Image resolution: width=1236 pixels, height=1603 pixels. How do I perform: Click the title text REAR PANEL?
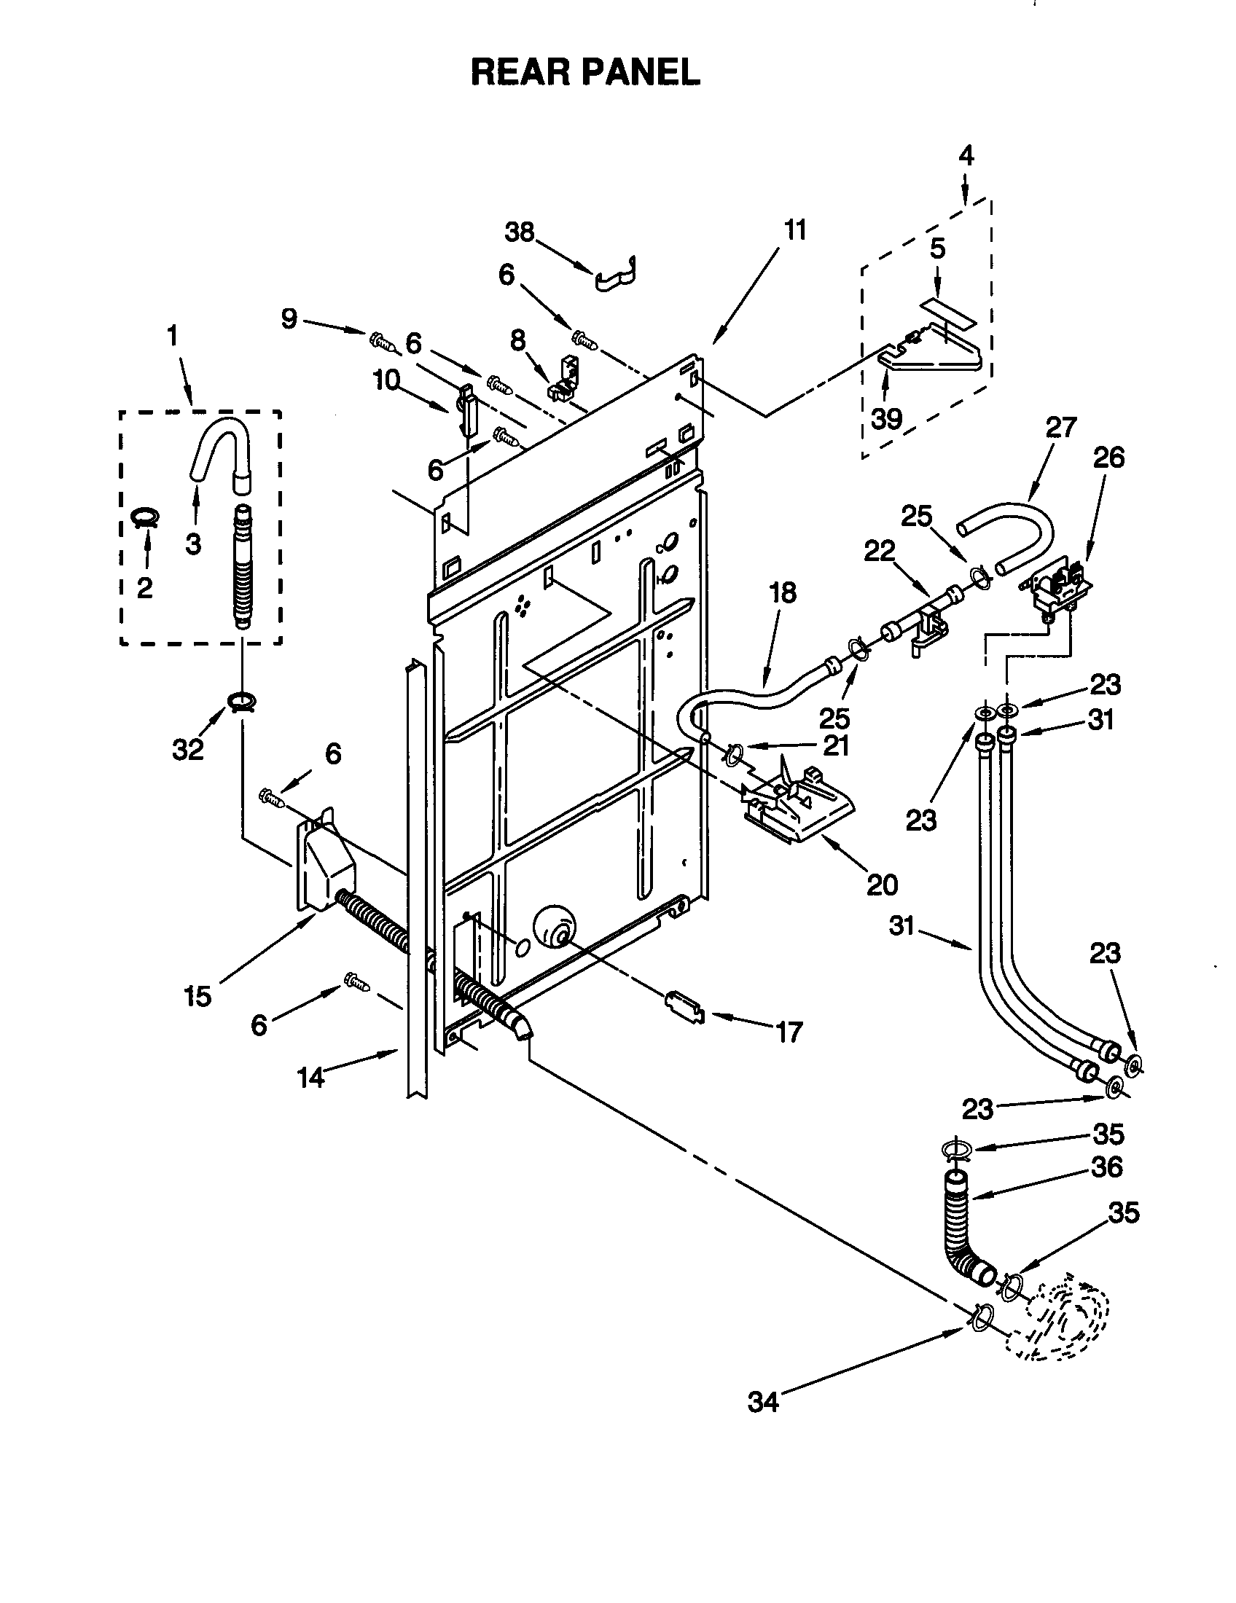click(585, 73)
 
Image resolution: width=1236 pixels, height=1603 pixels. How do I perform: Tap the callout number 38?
click(520, 232)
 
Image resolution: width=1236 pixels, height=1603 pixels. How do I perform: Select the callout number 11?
click(795, 230)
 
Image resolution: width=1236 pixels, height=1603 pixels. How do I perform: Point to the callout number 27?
click(1060, 426)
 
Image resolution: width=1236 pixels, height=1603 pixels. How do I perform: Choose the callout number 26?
click(1108, 458)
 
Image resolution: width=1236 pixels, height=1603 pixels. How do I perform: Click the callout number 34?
click(762, 1403)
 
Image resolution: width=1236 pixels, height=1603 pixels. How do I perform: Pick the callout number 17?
click(789, 1032)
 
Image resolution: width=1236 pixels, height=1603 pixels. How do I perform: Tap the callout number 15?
click(198, 996)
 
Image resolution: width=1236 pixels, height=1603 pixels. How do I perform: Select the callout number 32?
click(187, 749)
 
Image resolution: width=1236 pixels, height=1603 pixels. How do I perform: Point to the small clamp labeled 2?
click(145, 517)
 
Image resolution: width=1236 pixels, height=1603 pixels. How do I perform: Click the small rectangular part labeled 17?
click(684, 1004)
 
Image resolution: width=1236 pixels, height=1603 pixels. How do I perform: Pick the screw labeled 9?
click(381, 340)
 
